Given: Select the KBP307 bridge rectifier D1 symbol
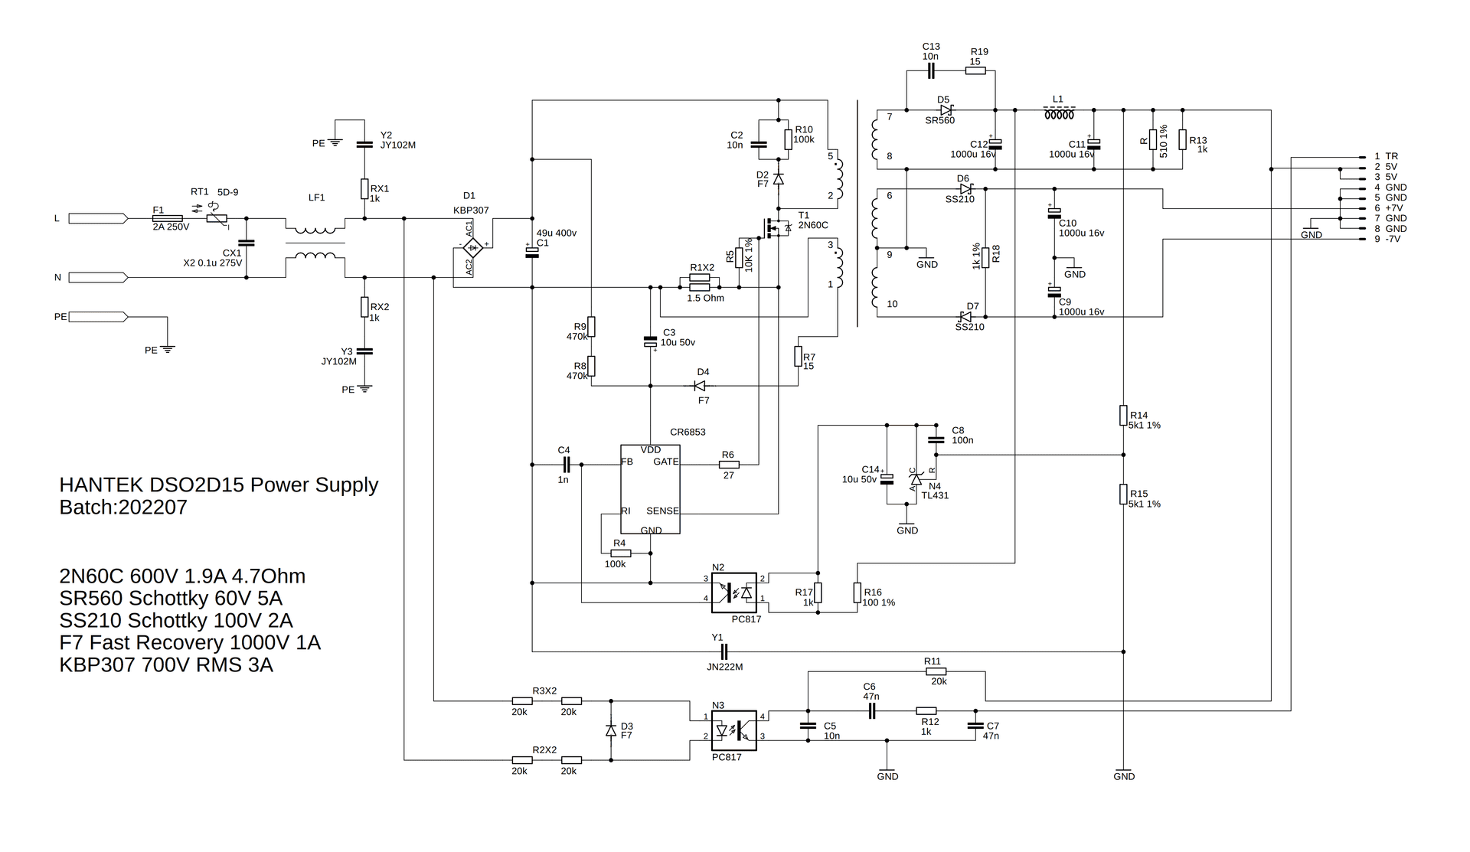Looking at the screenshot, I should [473, 246].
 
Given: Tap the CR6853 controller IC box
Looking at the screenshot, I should [650, 489].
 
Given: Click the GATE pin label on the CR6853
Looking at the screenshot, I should [665, 462].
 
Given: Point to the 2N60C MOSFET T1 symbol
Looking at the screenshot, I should [774, 227].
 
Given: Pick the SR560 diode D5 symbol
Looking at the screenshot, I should [946, 110].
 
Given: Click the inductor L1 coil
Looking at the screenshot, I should [1059, 115].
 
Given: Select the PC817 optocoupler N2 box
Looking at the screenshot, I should [733, 592].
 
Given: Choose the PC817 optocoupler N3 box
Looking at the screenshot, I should [733, 730].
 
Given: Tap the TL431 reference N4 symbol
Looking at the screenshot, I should [915, 478].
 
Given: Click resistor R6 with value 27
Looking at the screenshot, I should [729, 464].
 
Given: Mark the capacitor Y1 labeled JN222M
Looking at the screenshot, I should [718, 651].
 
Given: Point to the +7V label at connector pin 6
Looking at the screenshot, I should [1394, 208].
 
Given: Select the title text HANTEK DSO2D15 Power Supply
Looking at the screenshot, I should [218, 485].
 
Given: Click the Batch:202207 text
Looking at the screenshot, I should [123, 508].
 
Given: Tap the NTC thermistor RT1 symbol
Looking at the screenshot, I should [219, 218].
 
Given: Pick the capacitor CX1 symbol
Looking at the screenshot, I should [246, 243].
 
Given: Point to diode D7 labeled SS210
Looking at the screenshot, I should [966, 316].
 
